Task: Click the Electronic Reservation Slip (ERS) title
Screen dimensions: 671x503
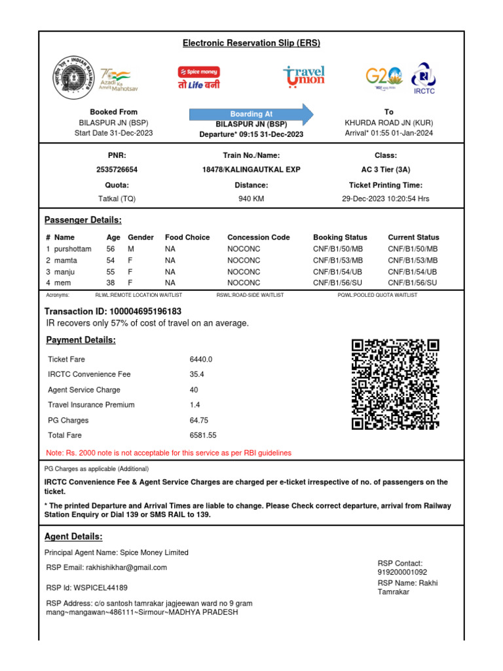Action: pos(251,43)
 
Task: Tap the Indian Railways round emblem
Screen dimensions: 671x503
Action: pos(73,78)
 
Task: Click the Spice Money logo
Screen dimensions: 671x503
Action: pos(199,77)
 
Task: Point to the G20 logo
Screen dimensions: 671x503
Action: pos(383,77)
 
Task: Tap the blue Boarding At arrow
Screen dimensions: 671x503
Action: pos(251,114)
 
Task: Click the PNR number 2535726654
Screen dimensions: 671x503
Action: pos(117,169)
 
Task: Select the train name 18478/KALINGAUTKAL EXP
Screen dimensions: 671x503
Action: pos(251,169)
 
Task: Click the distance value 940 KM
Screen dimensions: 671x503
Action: pos(251,199)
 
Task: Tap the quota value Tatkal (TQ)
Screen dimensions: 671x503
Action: pos(117,199)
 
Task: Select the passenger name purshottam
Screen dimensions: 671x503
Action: pos(73,249)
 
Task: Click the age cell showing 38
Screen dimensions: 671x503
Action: pos(111,282)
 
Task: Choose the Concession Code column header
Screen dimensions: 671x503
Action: pos(258,237)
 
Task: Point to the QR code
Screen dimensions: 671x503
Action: pos(395,384)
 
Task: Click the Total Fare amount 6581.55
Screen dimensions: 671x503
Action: pos(203,435)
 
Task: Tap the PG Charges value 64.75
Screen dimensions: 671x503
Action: pos(198,420)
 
